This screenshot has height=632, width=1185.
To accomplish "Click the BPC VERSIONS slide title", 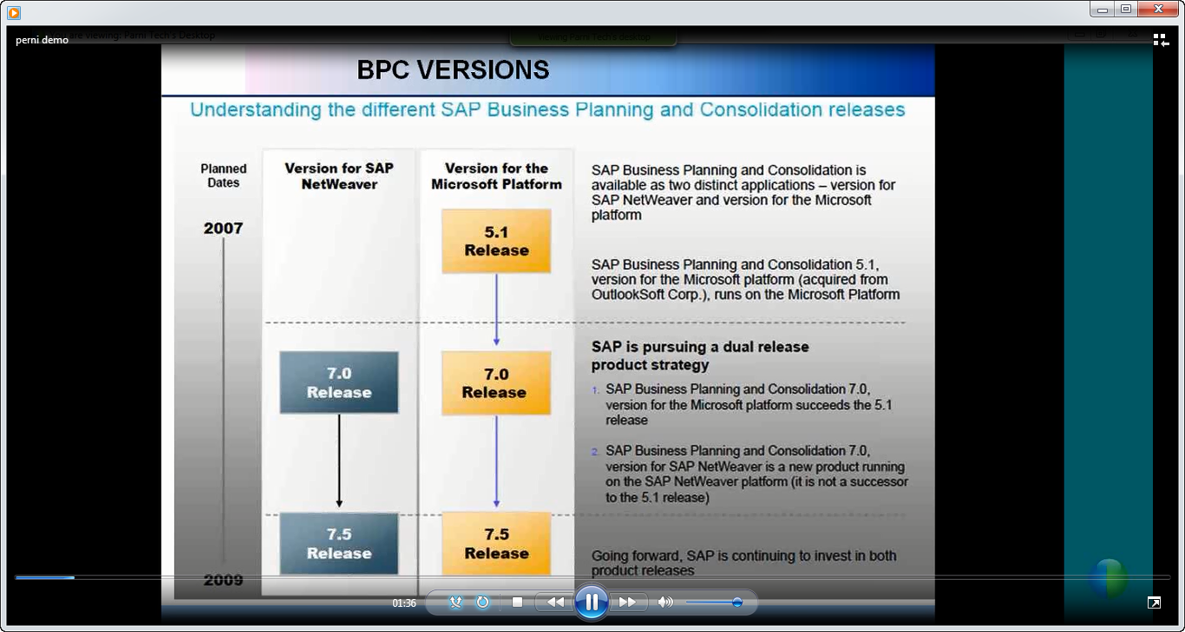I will coord(453,69).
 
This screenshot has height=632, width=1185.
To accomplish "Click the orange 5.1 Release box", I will coord(496,241).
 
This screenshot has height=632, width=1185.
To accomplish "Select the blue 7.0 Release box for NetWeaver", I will coord(339,383).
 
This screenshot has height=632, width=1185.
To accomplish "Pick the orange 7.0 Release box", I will coord(496,383).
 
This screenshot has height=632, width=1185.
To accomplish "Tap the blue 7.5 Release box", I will coord(339,543).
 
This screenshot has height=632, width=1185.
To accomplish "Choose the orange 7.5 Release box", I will coord(496,543).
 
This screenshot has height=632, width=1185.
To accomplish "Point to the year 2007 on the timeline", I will coord(223,228).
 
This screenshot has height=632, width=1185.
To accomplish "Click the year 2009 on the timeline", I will coord(223,580).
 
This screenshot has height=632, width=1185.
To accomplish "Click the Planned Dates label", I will coord(224,175).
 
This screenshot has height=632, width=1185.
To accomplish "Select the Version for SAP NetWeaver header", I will coord(339,175).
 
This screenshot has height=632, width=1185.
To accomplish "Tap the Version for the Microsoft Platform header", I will coord(496,175).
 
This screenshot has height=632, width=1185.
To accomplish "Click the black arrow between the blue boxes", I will coord(339,460).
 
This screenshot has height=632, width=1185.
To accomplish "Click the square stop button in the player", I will coord(517,602).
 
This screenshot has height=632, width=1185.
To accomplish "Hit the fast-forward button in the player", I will coord(627,602).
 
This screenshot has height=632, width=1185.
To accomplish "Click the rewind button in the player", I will coord(556,602).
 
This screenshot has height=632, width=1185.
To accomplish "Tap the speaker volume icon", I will coord(665,602).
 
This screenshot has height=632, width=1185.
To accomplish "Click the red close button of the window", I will coord(1158,10).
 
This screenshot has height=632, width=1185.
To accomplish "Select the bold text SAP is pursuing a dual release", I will coord(699,347).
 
